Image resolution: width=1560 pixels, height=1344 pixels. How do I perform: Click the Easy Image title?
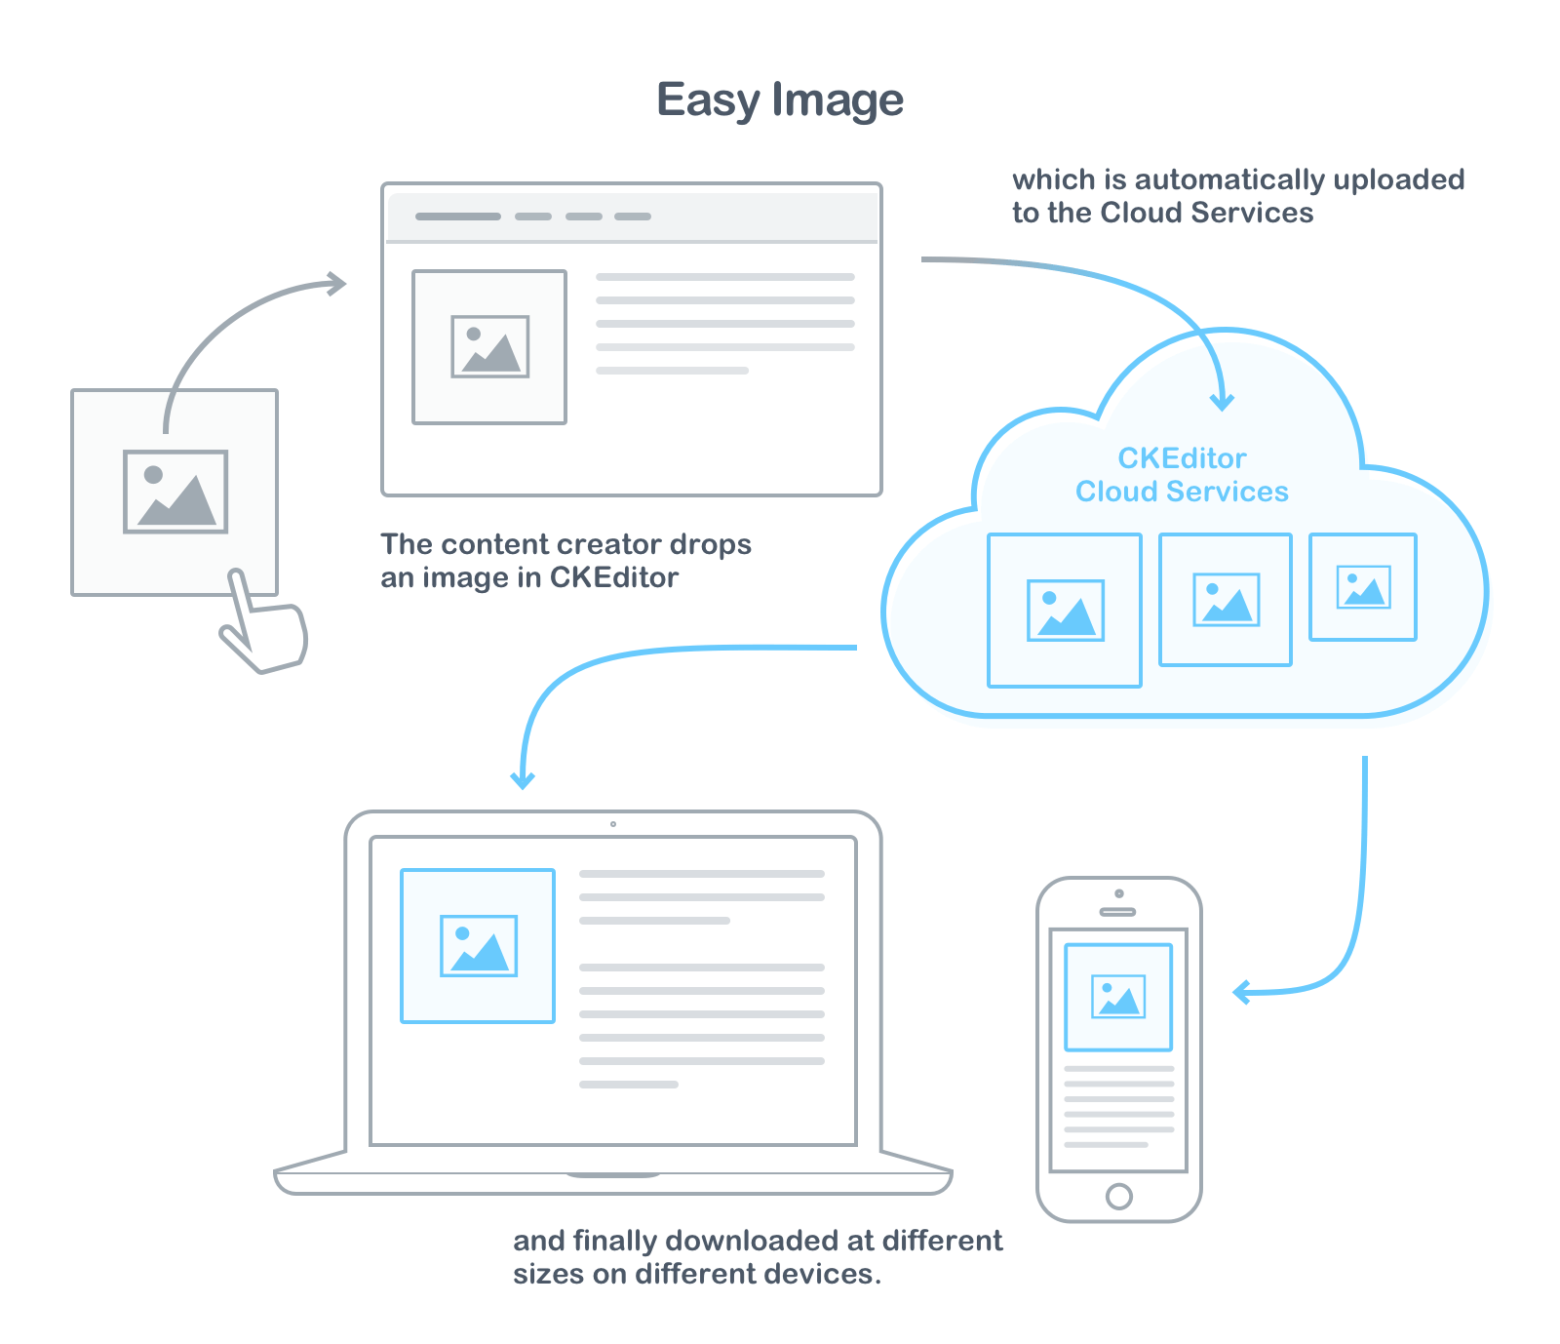tap(780, 100)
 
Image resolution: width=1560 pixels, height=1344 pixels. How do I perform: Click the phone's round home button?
tap(1119, 1196)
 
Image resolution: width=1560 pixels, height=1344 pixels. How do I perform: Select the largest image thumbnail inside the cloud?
tap(1064, 611)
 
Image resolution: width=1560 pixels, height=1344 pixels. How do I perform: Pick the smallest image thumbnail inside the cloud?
tap(1362, 587)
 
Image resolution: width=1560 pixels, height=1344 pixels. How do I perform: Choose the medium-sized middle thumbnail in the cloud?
tap(1226, 600)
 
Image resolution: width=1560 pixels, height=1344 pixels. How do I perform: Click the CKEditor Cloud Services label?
tap(1182, 475)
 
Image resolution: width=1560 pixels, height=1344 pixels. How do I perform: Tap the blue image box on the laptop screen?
tap(478, 945)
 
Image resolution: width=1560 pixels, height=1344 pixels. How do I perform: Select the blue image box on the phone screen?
tap(1118, 997)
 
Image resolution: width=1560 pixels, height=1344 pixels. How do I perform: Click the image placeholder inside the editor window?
tap(489, 347)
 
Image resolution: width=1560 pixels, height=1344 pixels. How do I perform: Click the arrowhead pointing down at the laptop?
tap(523, 780)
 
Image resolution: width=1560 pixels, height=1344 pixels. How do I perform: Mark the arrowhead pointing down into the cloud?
tap(1222, 402)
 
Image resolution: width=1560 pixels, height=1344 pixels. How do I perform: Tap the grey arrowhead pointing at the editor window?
tap(338, 284)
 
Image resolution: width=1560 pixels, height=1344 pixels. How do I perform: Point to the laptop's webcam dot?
tap(613, 824)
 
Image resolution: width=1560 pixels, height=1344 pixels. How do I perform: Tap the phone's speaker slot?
tap(1117, 912)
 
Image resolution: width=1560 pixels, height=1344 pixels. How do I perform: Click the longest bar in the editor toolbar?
tap(457, 217)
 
